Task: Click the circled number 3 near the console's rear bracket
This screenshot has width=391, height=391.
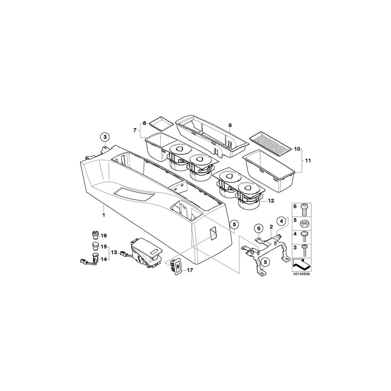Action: (105, 137)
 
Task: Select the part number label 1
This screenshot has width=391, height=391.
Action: (104, 215)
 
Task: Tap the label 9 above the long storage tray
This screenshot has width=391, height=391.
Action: (230, 125)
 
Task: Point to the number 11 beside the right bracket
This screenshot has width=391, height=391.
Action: (308, 161)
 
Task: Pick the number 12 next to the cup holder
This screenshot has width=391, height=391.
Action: (271, 200)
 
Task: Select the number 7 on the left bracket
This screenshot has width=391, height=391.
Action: (135, 130)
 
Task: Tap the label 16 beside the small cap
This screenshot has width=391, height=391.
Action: (103, 235)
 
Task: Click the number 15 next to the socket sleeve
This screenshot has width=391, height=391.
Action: (103, 247)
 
